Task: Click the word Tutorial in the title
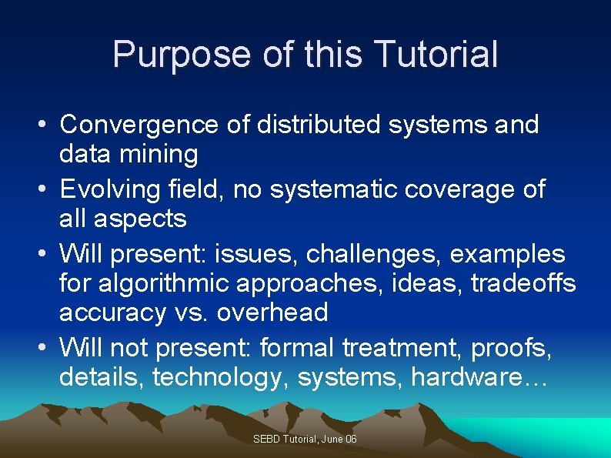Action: coord(436,55)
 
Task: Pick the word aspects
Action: coord(140,219)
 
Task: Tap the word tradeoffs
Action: coord(523,283)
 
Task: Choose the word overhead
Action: coord(272,313)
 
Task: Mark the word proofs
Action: coord(508,348)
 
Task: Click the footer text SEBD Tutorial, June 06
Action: coord(305,440)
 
